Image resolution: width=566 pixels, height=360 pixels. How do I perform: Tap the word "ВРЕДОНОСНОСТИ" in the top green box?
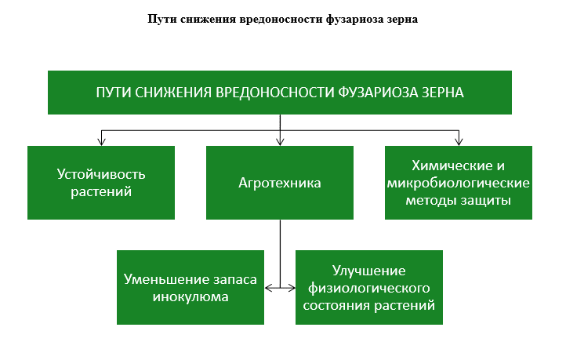pos(275,93)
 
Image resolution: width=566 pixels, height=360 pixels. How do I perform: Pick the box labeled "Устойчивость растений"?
pos(101,183)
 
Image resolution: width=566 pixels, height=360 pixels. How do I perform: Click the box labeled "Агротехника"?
pos(280,183)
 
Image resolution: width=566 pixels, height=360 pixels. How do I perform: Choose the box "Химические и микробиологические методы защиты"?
pos(459,183)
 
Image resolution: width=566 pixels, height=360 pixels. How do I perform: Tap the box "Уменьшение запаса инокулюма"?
pos(190,287)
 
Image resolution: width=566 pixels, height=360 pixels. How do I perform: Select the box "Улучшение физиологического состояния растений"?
pos(369,287)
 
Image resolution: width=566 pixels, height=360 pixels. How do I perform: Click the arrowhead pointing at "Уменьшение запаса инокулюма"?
pos(268,288)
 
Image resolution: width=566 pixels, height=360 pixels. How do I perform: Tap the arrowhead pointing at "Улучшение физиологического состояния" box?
pos(292,288)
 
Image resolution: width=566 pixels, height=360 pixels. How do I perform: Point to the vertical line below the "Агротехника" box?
pos(280,253)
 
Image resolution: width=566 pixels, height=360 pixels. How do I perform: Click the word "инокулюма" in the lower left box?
pos(190,296)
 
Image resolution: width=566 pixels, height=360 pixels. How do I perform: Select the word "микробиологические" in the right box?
pos(459,183)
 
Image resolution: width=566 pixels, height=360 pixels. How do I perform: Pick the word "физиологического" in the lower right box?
pos(369,288)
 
